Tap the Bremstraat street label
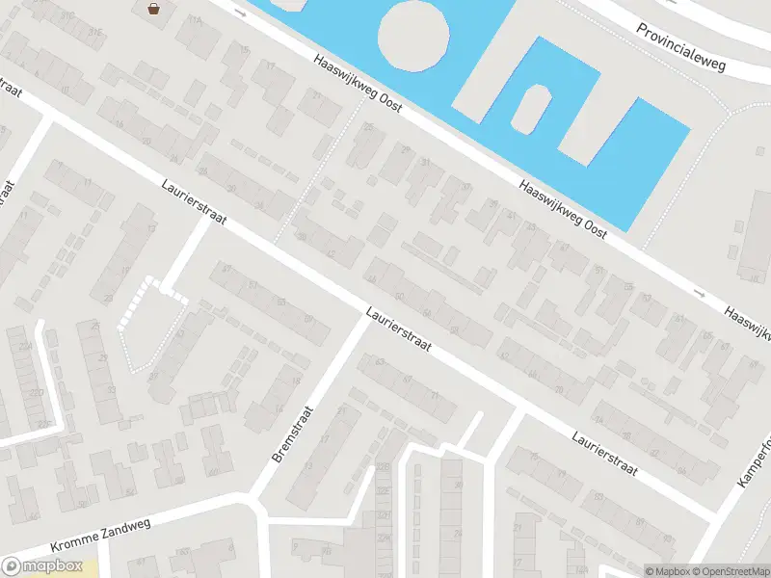pyautogui.click(x=291, y=433)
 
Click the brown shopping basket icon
pyautogui.click(x=153, y=9)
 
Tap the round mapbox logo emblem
pyautogui.click(x=13, y=567)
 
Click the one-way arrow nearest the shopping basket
pyautogui.click(x=240, y=14)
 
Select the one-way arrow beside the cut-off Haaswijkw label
pyautogui.click(x=699, y=292)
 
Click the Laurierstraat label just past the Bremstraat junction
pyautogui.click(x=398, y=329)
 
